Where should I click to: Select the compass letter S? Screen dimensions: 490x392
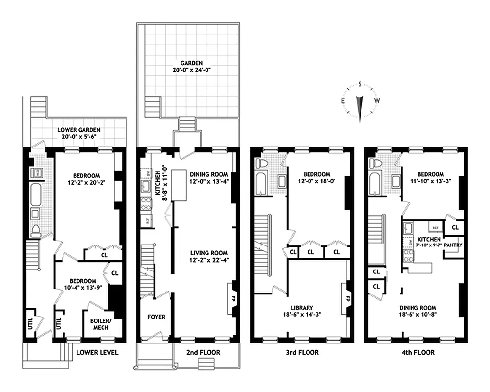(360, 84)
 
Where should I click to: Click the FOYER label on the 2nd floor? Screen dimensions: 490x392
(156, 317)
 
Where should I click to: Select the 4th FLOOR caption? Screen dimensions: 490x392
(417, 352)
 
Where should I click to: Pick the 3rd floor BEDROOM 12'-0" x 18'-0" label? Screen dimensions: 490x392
(316, 178)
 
